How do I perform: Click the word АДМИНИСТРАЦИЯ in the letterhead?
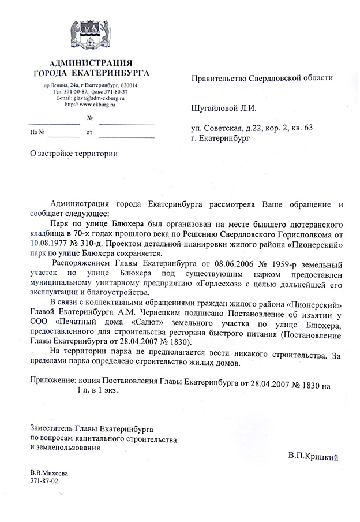pyautogui.click(x=91, y=63)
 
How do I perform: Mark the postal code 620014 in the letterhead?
pyautogui.click(x=134, y=85)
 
